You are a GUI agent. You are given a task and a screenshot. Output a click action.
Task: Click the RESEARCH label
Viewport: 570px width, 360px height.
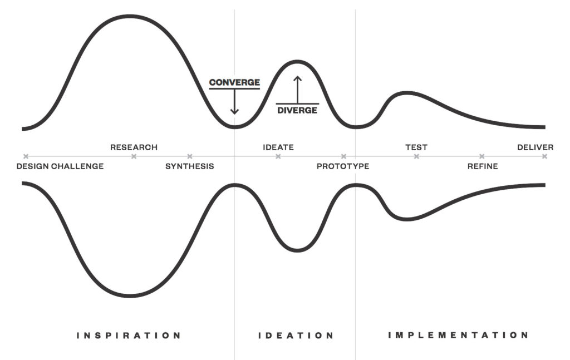tap(134, 147)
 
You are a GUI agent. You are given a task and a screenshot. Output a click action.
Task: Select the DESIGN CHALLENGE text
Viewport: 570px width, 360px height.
tap(60, 166)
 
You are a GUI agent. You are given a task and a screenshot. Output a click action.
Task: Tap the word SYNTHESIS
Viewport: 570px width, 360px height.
tap(190, 166)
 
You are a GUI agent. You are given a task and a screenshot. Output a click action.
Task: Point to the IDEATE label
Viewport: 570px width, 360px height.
tap(278, 147)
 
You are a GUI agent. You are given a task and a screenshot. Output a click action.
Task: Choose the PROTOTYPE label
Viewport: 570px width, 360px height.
tap(343, 166)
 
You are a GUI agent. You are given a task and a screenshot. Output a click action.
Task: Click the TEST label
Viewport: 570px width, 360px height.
tap(416, 147)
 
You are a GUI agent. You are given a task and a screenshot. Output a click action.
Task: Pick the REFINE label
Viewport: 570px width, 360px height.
tap(483, 166)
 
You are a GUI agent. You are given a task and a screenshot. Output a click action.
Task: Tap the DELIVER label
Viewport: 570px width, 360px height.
tap(535, 147)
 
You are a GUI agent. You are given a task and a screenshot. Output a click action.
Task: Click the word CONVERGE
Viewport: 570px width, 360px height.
tap(234, 83)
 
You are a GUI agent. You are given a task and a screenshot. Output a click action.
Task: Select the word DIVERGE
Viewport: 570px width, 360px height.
tap(298, 110)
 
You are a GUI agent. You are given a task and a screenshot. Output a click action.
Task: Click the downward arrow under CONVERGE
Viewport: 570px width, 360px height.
tap(234, 102)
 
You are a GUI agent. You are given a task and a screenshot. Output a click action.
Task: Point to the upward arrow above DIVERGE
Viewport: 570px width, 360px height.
tap(298, 88)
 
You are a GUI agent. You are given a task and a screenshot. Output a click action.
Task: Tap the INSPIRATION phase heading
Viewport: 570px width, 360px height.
tap(129, 336)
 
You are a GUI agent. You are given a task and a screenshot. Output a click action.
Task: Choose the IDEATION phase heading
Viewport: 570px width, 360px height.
tap(296, 336)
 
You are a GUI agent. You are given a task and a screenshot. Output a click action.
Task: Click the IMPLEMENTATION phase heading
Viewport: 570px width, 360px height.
tap(458, 336)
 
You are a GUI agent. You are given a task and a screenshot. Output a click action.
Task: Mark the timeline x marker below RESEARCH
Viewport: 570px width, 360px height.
tap(134, 156)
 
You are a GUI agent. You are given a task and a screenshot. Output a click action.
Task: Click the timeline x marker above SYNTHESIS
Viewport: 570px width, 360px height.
tap(190, 156)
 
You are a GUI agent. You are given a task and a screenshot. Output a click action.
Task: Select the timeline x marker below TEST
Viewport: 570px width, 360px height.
tap(416, 156)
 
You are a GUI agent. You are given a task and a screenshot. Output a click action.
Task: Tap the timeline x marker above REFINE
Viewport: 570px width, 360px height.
tap(482, 156)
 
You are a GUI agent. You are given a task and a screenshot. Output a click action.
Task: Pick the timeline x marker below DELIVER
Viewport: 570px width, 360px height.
tap(544, 156)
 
